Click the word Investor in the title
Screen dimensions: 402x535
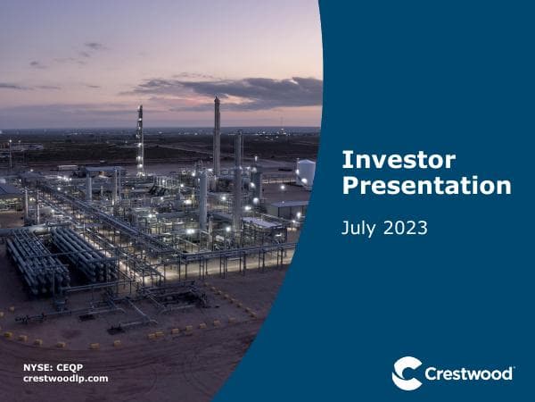tap(399, 161)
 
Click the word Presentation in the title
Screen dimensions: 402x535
tap(426, 187)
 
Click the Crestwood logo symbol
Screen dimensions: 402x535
tap(407, 373)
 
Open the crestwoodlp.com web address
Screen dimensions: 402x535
tap(64, 379)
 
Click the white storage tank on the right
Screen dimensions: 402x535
tap(305, 172)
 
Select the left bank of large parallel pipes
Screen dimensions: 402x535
tap(36, 260)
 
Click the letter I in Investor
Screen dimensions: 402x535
tap(346, 161)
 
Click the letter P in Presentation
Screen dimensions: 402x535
tap(350, 187)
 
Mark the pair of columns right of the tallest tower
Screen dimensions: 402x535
tap(239, 170)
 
